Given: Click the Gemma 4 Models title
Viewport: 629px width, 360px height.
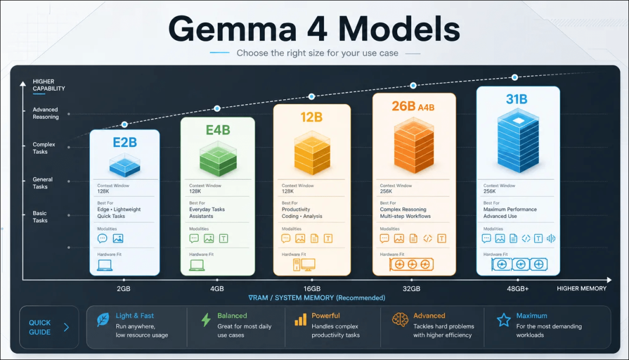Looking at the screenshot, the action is [314, 29].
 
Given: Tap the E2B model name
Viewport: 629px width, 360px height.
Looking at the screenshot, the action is [125, 143].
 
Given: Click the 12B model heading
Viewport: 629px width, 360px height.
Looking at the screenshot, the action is [311, 117].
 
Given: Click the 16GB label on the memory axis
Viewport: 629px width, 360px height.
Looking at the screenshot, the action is [312, 288].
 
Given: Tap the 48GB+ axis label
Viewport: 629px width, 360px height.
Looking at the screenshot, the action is [518, 288].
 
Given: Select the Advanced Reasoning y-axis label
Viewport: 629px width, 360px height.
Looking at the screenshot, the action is [45, 113].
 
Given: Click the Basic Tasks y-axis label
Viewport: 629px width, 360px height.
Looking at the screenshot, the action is [40, 217].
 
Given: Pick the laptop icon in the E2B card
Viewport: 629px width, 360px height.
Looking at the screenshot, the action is [105, 265].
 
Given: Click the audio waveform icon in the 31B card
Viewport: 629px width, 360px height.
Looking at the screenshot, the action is [551, 238].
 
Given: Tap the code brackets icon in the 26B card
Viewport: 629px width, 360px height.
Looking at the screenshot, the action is [427, 238].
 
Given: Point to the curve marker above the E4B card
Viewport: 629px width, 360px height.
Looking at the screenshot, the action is [217, 108].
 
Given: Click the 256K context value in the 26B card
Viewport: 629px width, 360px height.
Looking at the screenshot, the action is [386, 192].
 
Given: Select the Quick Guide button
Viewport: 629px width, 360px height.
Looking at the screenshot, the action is [49, 327].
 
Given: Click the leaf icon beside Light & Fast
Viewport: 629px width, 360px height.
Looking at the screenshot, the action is [103, 320].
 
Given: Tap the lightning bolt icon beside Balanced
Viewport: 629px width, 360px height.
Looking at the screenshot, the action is [206, 320].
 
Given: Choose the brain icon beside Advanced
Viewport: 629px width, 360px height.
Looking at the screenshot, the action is [400, 319].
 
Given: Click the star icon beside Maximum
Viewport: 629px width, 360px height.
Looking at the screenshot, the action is [503, 320].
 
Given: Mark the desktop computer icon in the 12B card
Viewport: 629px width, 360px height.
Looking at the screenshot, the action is [304, 264].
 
